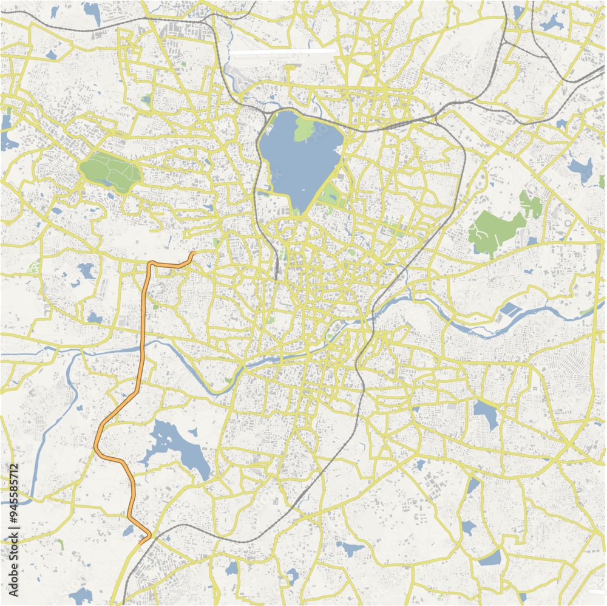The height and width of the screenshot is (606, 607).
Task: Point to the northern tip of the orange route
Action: pyautogui.click(x=194, y=253)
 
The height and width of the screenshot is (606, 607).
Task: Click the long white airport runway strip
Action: pyautogui.click(x=283, y=54)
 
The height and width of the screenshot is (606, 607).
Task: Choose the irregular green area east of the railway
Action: pyautogui.click(x=495, y=231)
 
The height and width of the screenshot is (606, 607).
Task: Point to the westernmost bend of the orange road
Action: pyautogui.click(x=96, y=446)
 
